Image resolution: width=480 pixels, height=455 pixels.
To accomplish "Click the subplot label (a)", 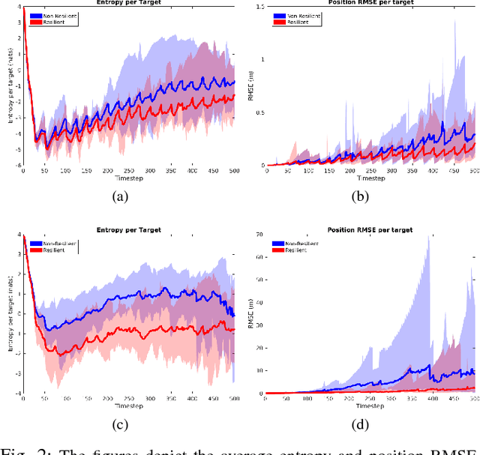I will pos(119,196).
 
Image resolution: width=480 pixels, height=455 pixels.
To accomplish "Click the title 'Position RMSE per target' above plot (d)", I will pos(372,229).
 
